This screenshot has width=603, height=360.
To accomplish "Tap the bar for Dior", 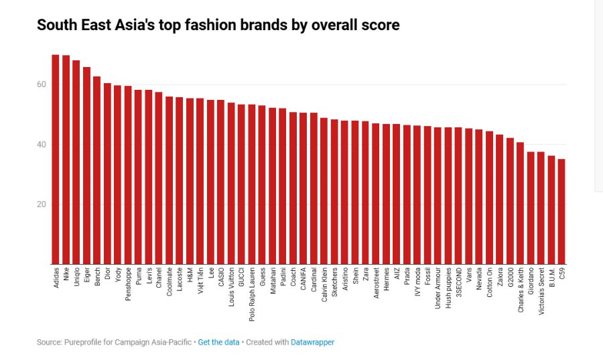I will point(107,174).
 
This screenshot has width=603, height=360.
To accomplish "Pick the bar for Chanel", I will point(159,178).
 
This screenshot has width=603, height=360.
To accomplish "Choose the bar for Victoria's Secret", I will point(541,208).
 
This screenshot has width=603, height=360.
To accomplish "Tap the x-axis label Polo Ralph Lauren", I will point(252,288).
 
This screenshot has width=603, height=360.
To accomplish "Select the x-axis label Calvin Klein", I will point(324,284).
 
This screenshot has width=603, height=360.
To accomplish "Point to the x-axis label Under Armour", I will point(438,287).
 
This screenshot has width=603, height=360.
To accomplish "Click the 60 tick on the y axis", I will point(42,84).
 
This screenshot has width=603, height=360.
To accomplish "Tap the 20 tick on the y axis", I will point(42,204).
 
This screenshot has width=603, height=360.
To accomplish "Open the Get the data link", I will point(218,343).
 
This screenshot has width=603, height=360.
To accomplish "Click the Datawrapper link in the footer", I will point(312,343).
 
